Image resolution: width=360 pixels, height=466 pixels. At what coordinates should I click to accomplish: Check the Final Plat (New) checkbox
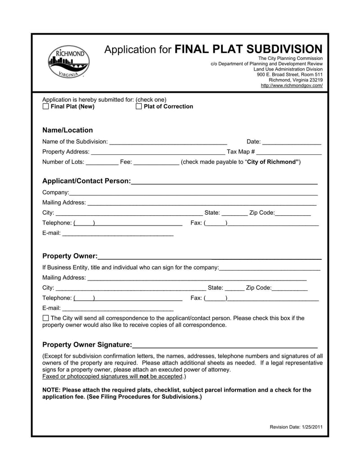(x=45, y=107)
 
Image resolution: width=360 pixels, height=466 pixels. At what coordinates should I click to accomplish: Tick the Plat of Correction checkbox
(x=139, y=107)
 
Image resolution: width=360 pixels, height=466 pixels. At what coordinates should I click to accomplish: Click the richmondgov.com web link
(x=292, y=86)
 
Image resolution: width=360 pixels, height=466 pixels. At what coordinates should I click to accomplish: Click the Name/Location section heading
(x=67, y=130)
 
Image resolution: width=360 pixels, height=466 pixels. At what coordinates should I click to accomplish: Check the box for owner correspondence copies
(x=45, y=318)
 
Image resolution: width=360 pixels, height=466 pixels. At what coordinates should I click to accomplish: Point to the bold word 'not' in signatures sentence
(x=144, y=376)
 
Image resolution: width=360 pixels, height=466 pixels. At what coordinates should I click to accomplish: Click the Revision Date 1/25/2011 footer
(x=296, y=427)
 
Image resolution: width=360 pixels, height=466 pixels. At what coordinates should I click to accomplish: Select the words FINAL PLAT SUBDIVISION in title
(x=248, y=49)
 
